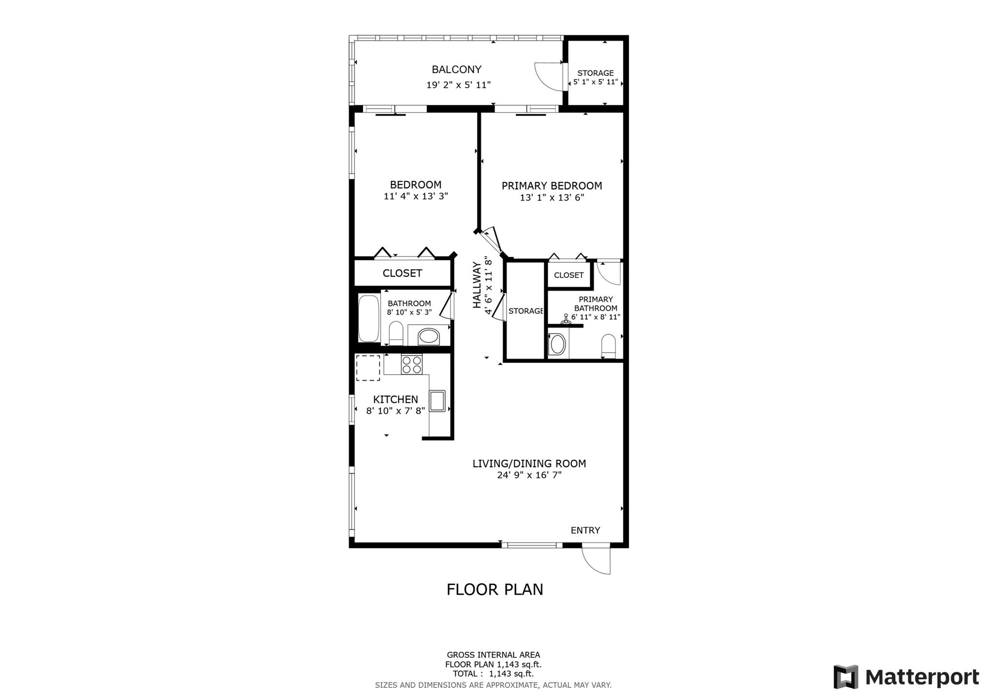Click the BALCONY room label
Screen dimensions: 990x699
point(456,70)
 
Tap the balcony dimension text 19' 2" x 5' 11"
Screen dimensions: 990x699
point(458,85)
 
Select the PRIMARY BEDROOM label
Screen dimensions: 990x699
point(552,186)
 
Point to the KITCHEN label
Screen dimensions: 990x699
point(395,399)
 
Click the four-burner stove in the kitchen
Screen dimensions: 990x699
point(411,364)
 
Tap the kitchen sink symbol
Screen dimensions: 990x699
point(437,400)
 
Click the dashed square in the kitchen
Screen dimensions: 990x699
point(368,368)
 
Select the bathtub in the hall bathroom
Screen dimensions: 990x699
point(369,318)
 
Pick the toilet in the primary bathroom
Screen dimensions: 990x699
point(608,346)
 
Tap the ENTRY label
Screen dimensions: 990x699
point(585,530)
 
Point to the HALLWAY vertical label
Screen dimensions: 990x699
point(477,285)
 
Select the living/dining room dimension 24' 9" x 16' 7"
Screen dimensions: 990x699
point(529,475)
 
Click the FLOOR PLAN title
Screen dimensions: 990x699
point(495,590)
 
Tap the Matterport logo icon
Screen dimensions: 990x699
point(845,677)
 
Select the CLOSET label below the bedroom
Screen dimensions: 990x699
point(402,273)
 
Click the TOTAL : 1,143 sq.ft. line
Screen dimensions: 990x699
point(493,673)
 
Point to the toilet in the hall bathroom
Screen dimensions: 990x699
point(396,333)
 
